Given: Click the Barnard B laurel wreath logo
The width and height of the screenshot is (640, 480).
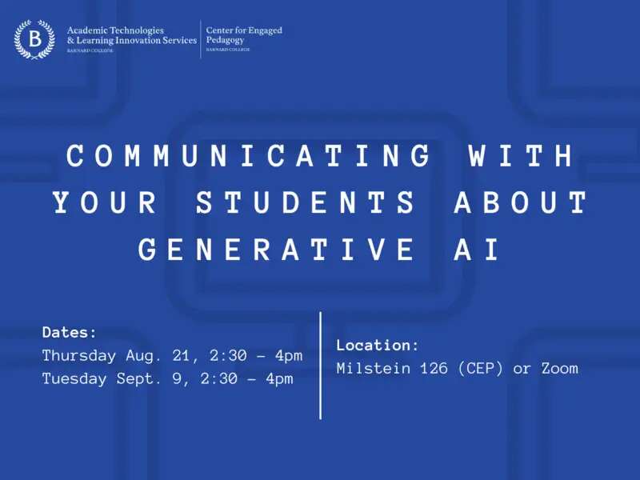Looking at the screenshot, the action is tap(34, 39).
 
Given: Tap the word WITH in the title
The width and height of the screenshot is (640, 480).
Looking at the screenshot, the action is tap(522, 155).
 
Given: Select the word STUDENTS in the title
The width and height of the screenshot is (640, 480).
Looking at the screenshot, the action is tap(306, 202).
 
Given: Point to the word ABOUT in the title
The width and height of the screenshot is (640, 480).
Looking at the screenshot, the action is tap(522, 202).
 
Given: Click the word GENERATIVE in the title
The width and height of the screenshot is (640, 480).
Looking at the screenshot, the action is tap(277, 249).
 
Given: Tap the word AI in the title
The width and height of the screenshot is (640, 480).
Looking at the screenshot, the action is tap(477, 249).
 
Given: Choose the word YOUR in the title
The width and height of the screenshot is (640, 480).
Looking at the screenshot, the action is tap(105, 202).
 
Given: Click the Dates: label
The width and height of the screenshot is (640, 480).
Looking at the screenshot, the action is tap(70, 332).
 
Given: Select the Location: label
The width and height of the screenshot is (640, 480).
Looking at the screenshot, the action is tap(378, 346).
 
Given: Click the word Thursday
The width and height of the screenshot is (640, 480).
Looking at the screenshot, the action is tap(79, 356).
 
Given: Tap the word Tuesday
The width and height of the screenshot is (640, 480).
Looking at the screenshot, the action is tap(74, 378).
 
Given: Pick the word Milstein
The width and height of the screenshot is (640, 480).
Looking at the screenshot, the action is tap(374, 368).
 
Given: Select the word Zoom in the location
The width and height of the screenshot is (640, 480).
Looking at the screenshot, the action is tap(559, 369).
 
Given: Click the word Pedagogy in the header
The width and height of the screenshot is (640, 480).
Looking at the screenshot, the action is tap(225, 40).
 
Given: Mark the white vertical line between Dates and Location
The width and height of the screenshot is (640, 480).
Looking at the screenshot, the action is tap(321, 366).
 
